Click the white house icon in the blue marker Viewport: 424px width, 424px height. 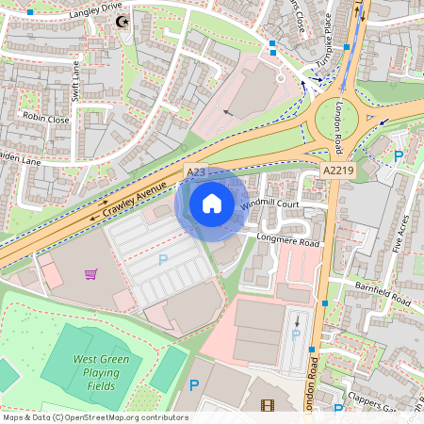click(x=212, y=203)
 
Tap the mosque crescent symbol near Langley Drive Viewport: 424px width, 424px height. click(x=119, y=22)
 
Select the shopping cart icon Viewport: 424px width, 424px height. click(x=90, y=274)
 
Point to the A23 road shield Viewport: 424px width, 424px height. click(x=196, y=172)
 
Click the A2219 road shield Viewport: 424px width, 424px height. click(x=337, y=171)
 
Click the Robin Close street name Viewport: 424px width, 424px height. click(x=46, y=120)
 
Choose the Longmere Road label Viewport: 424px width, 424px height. click(x=289, y=242)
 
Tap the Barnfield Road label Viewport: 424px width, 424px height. click(x=383, y=291)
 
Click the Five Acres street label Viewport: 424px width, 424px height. click(x=402, y=231)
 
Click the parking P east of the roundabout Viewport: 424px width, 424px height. click(x=399, y=155)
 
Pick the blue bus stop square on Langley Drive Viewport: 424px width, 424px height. click(x=30, y=12)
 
